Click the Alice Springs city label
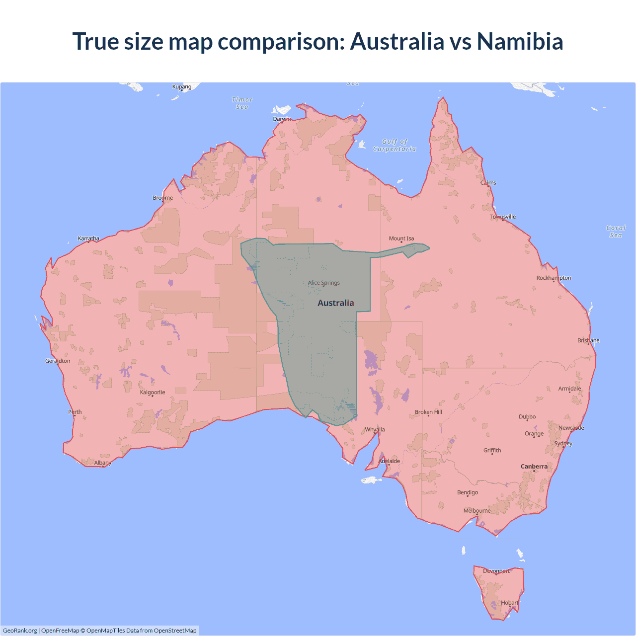pyautogui.click(x=324, y=283)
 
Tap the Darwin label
pyautogui.click(x=282, y=119)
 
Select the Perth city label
pyautogui.click(x=75, y=411)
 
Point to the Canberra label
pyautogui.click(x=534, y=466)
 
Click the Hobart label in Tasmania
pyautogui.click(x=510, y=602)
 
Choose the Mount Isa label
pyautogui.click(x=401, y=238)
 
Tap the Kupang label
pyautogui.click(x=182, y=86)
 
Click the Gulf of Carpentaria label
pyautogui.click(x=395, y=145)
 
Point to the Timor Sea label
pyautogui.click(x=242, y=103)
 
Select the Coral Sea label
pyautogui.click(x=616, y=232)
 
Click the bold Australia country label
pyautogui.click(x=336, y=303)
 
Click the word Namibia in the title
pyautogui.click(x=520, y=41)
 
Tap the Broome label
pyautogui.click(x=163, y=198)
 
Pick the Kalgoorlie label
pyautogui.click(x=153, y=392)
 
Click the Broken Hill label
pyautogui.click(x=428, y=412)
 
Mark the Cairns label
pyautogui.click(x=488, y=183)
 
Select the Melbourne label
pyautogui.click(x=477, y=510)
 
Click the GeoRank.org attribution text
pyautogui.click(x=20, y=631)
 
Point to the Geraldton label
pyautogui.click(x=58, y=361)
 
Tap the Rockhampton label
pyautogui.click(x=554, y=278)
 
